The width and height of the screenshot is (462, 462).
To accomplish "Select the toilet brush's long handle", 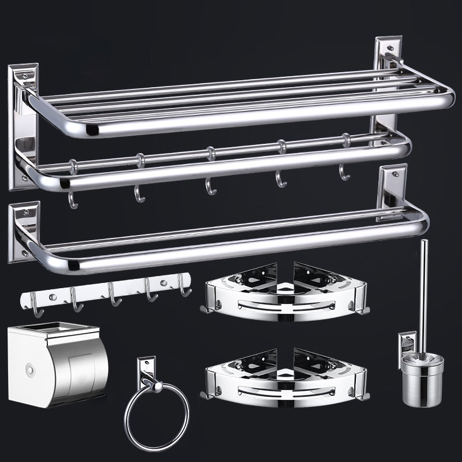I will [424, 289].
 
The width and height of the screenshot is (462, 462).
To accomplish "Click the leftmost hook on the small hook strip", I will [35, 305].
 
